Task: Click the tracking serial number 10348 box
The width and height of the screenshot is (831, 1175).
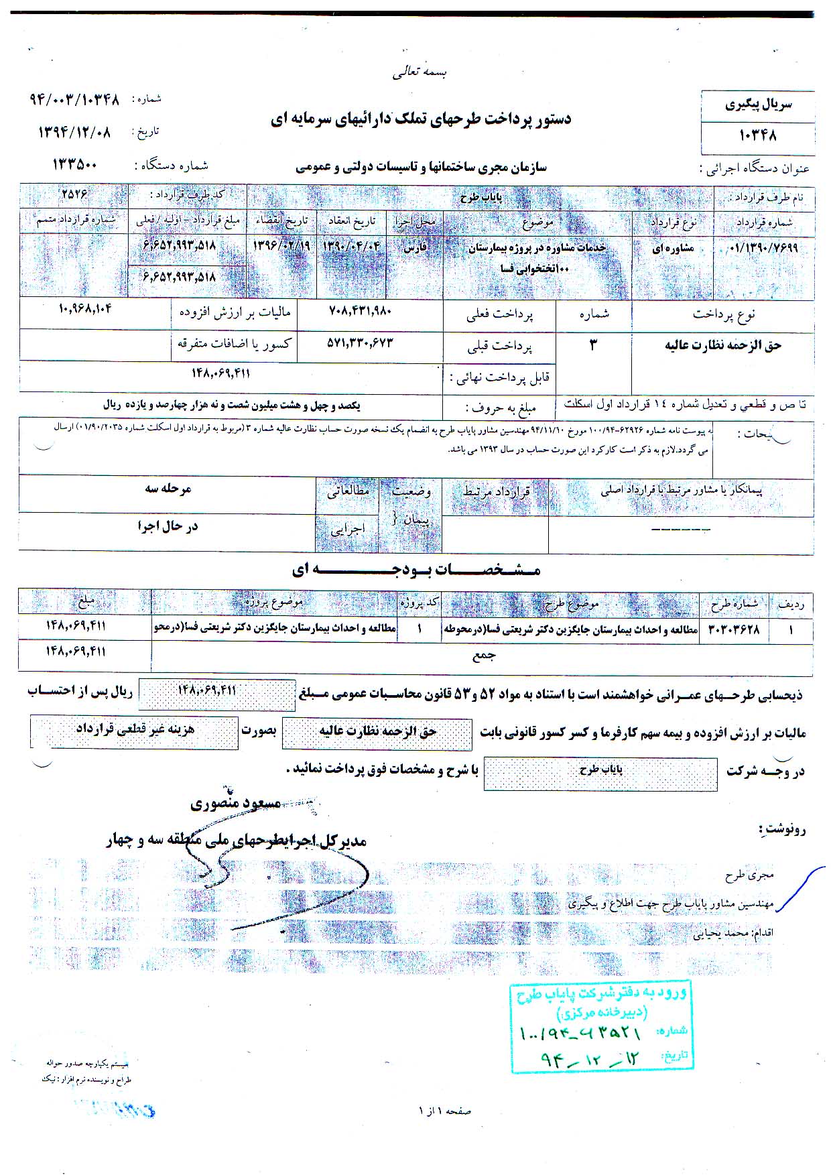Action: [758, 135]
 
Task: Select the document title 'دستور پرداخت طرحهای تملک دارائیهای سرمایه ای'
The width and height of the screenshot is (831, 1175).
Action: [422, 119]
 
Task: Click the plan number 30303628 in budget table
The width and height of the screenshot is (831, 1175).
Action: [734, 630]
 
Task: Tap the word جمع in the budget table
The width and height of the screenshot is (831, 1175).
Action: [483, 657]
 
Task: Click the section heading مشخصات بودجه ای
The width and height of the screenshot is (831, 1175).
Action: [415, 570]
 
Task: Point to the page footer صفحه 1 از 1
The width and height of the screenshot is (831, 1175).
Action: [444, 1111]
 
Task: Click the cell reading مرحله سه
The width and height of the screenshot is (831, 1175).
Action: [168, 489]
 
